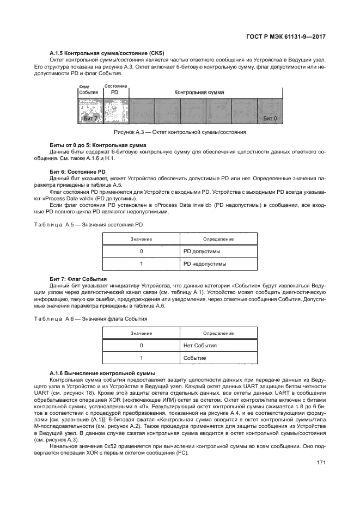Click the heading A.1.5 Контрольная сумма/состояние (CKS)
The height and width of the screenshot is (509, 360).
pyautogui.click(x=97, y=52)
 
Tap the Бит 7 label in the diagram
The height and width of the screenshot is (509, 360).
pyautogui.click(x=91, y=118)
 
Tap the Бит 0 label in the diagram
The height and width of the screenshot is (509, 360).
pyautogui.click(x=270, y=118)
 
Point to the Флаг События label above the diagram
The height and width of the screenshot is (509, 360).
pyautogui.click(x=88, y=90)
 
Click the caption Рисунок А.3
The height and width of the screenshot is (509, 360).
pyautogui.click(x=180, y=132)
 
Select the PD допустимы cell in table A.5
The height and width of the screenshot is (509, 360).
pyautogui.click(x=202, y=252)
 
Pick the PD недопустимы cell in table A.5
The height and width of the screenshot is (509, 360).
pyautogui.click(x=205, y=264)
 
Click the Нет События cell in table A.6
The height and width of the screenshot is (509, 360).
pyautogui.click(x=200, y=345)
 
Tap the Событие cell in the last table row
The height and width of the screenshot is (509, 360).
pyautogui.click(x=195, y=358)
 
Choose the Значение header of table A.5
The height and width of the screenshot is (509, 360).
pyautogui.click(x=141, y=239)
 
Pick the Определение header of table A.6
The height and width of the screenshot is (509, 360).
pyautogui.click(x=218, y=333)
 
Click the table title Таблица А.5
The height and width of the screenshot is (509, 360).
pyautogui.click(x=103, y=224)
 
